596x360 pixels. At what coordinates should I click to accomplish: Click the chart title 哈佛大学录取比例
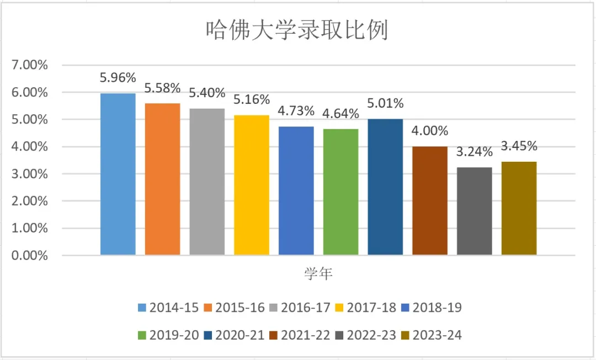[x=297, y=30]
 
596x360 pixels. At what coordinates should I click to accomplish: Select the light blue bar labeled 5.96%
[x=118, y=174]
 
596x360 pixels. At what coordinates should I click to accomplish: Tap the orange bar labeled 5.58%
[x=162, y=179]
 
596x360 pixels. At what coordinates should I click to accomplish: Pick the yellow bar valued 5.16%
[x=252, y=185]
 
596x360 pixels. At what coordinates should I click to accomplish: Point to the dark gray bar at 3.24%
[x=475, y=211]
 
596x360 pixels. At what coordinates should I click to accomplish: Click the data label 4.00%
[x=430, y=131]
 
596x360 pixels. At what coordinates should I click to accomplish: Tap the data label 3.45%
[x=519, y=146]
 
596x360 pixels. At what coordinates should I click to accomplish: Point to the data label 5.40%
[x=207, y=93]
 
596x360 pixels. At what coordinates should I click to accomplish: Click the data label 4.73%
[x=296, y=111]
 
